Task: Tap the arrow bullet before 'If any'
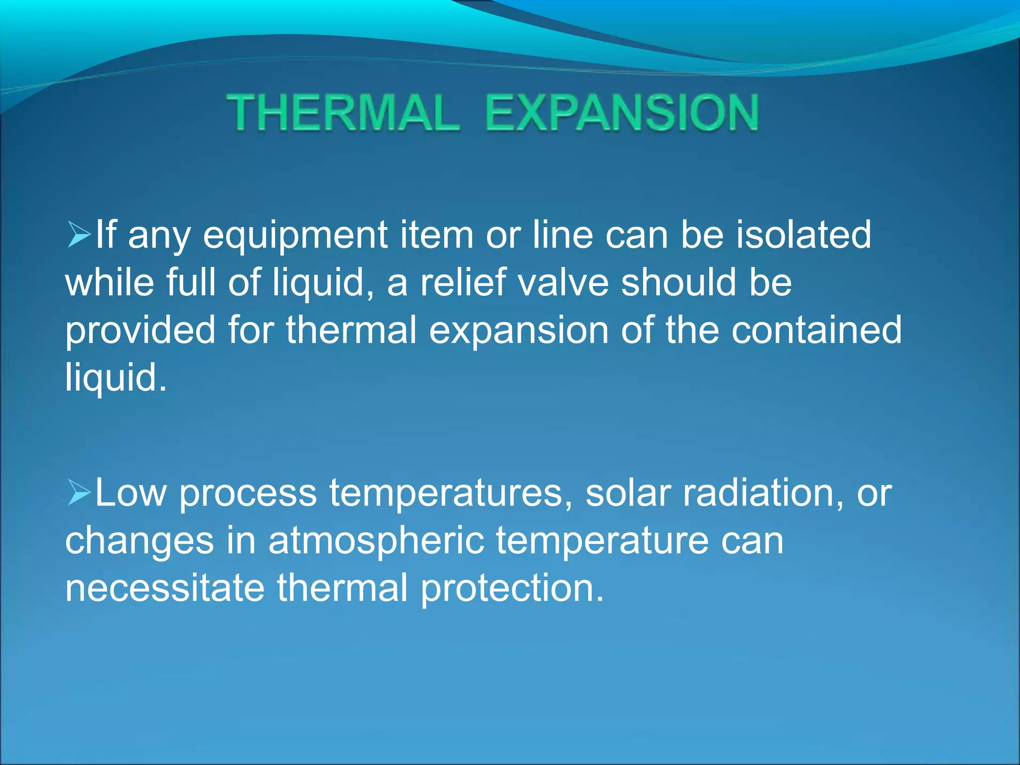point(79,235)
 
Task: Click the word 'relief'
point(463,282)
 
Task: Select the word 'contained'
point(816,330)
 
